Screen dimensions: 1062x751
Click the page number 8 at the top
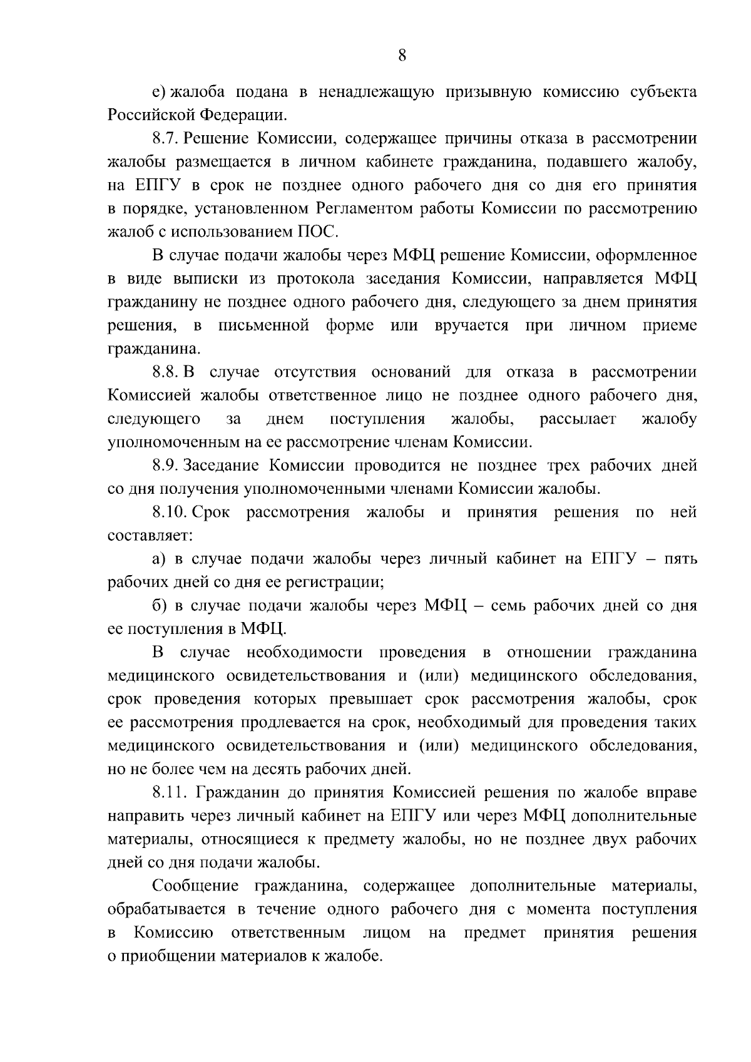402,56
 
